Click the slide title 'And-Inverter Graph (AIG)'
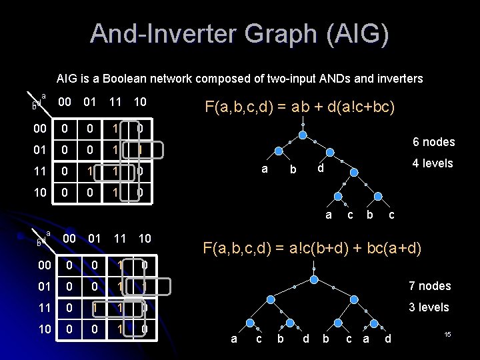tap(239, 33)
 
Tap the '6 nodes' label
tap(433, 142)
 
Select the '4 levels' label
tap(433, 163)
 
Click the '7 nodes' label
tap(429, 286)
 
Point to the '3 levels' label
tap(429, 307)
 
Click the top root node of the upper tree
tap(303, 135)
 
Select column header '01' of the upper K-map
tap(89, 103)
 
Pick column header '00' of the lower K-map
tap(69, 239)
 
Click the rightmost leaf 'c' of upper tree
tap(391, 215)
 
